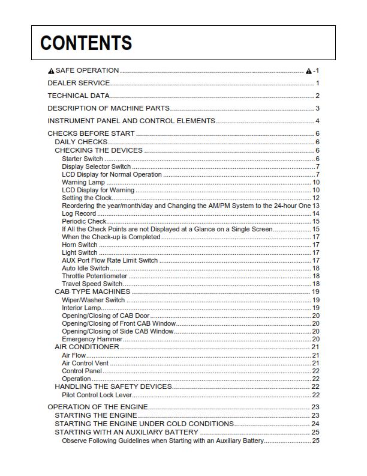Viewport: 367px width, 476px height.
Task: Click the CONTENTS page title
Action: click(x=86, y=43)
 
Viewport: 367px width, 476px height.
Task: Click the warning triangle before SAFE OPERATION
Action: click(x=51, y=71)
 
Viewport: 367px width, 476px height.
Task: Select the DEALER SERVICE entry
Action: click(x=79, y=83)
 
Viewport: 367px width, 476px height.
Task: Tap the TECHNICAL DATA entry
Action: click(x=78, y=96)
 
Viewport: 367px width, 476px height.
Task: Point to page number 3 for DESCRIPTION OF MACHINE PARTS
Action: click(x=317, y=108)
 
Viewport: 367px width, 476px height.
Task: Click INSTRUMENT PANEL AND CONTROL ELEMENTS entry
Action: click(x=131, y=121)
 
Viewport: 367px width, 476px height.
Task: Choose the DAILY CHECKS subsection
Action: click(x=81, y=142)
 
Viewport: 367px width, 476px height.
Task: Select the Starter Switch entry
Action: click(x=82, y=159)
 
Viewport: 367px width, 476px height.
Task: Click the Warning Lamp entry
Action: click(x=83, y=182)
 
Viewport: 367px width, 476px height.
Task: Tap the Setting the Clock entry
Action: click(x=86, y=198)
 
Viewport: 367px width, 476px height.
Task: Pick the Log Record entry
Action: click(x=79, y=213)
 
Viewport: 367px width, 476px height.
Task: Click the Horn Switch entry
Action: click(x=79, y=245)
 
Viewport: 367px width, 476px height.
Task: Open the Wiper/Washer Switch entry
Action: click(x=93, y=299)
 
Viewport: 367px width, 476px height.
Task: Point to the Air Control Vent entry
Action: click(x=85, y=363)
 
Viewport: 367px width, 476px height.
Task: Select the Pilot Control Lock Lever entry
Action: click(x=97, y=395)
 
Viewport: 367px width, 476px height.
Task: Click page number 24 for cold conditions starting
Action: click(x=315, y=424)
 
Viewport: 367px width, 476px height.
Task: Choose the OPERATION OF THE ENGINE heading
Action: click(x=97, y=407)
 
